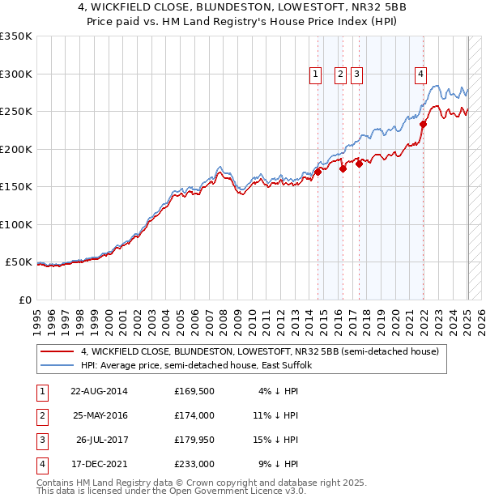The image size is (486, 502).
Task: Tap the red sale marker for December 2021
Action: (423, 125)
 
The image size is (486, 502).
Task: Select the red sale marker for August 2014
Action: (318, 172)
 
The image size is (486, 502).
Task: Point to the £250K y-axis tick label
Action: (16, 112)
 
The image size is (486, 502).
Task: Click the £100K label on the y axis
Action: (16, 224)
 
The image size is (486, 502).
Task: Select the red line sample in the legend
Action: (58, 351)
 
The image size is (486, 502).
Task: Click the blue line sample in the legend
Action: (58, 365)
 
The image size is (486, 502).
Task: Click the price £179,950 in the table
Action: (194, 440)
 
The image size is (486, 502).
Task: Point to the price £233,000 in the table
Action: (194, 464)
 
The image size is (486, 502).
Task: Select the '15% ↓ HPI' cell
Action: (276, 440)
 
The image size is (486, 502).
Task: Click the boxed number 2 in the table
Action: (41, 415)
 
